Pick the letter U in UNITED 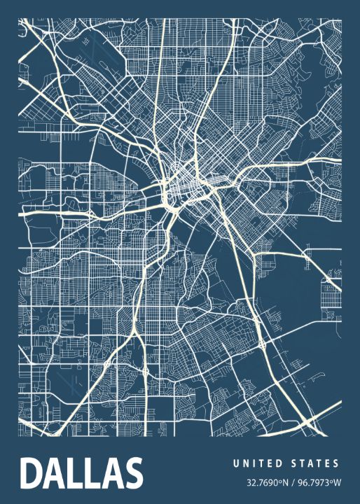pos(236,463)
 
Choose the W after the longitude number pos(337,482)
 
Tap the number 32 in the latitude pos(251,482)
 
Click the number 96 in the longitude pos(303,482)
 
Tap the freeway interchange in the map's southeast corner pos(308,420)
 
